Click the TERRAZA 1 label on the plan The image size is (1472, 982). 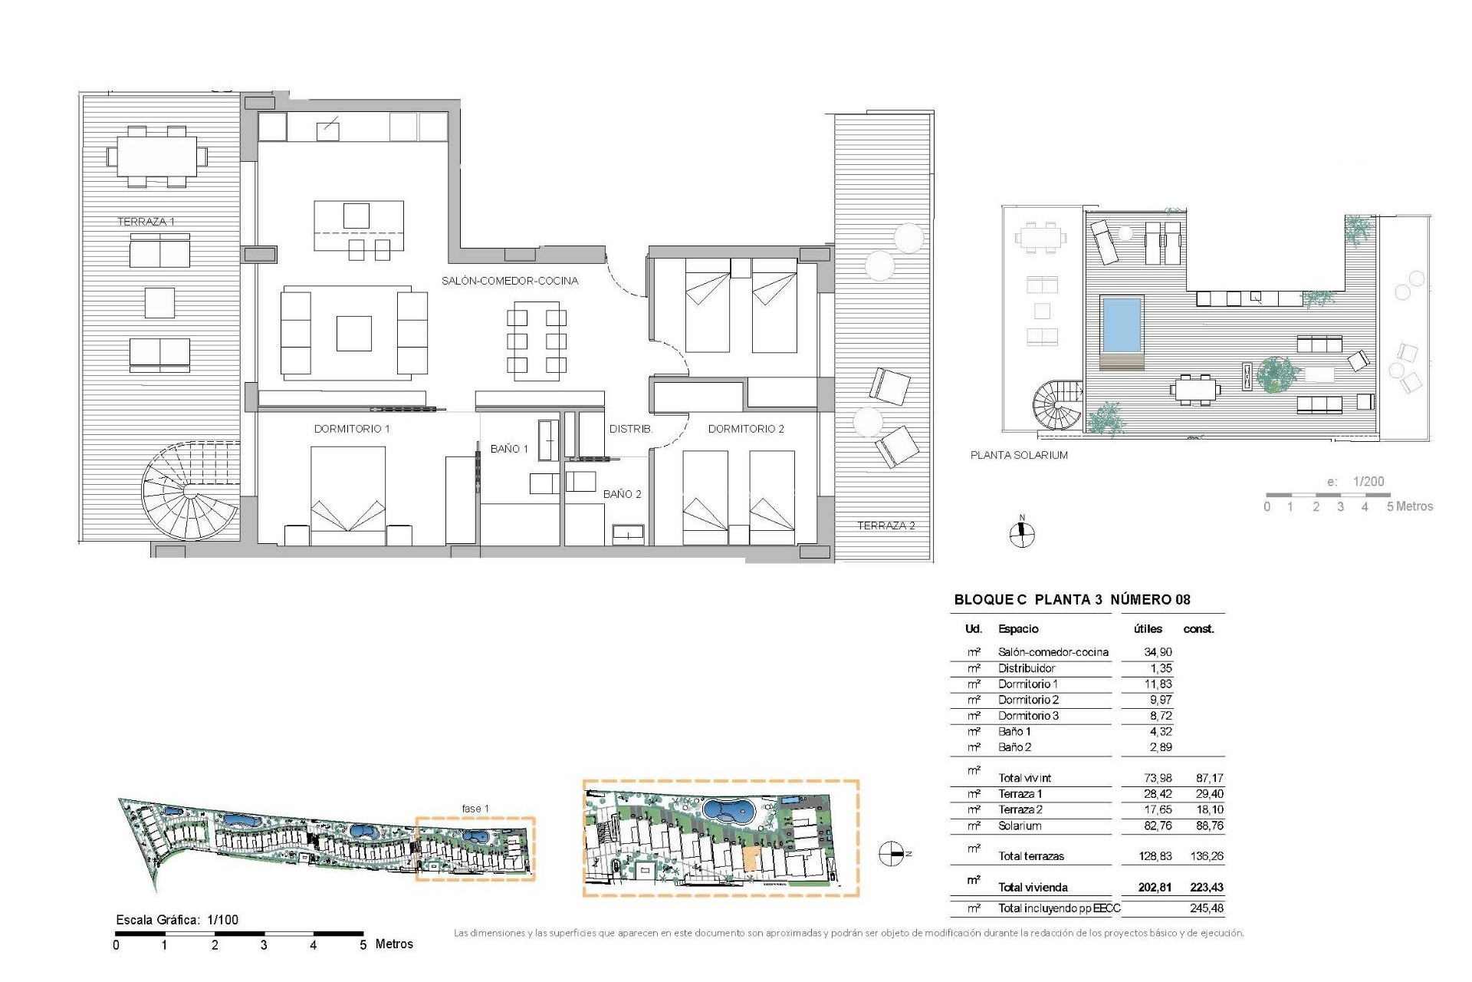click(146, 222)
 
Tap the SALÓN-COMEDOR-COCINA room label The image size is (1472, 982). click(510, 281)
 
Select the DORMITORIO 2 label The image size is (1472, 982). click(746, 429)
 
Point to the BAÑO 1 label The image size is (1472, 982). click(509, 449)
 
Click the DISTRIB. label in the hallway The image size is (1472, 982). click(630, 429)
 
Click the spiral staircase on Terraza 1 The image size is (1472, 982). click(188, 493)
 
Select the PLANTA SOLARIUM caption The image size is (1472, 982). click(1019, 455)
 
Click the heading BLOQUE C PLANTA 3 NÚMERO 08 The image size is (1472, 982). click(1072, 600)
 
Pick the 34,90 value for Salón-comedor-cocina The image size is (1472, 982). click(1158, 652)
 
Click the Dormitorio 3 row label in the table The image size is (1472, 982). click(1028, 716)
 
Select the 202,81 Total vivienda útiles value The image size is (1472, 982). click(1155, 888)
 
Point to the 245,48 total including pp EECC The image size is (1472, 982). click(1207, 908)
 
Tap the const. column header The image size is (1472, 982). click(1198, 629)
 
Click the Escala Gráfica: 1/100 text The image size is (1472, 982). click(177, 920)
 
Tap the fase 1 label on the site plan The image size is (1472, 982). click(475, 809)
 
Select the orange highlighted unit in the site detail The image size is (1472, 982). click(751, 859)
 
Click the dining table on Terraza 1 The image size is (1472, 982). click(157, 157)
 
